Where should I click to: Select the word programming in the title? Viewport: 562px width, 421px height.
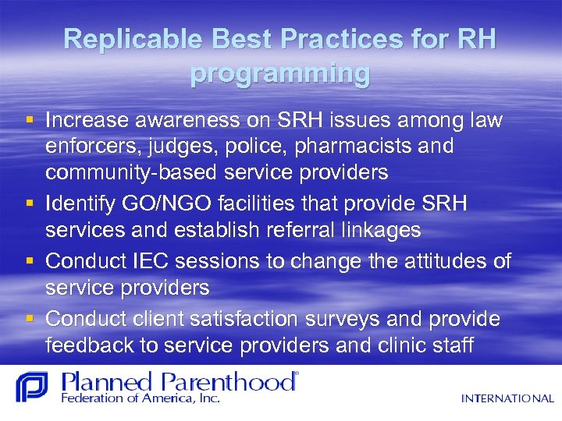tap(280, 73)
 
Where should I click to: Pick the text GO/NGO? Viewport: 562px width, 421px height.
tap(187, 204)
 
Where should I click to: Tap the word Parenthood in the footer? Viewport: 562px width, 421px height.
tap(233, 382)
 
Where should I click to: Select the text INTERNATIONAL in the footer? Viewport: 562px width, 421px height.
tap(507, 398)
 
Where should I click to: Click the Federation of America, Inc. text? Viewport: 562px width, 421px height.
tap(140, 398)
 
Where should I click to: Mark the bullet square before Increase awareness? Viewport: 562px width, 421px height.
tap(30, 121)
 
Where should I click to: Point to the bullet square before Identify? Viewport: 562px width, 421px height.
tap(30, 204)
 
